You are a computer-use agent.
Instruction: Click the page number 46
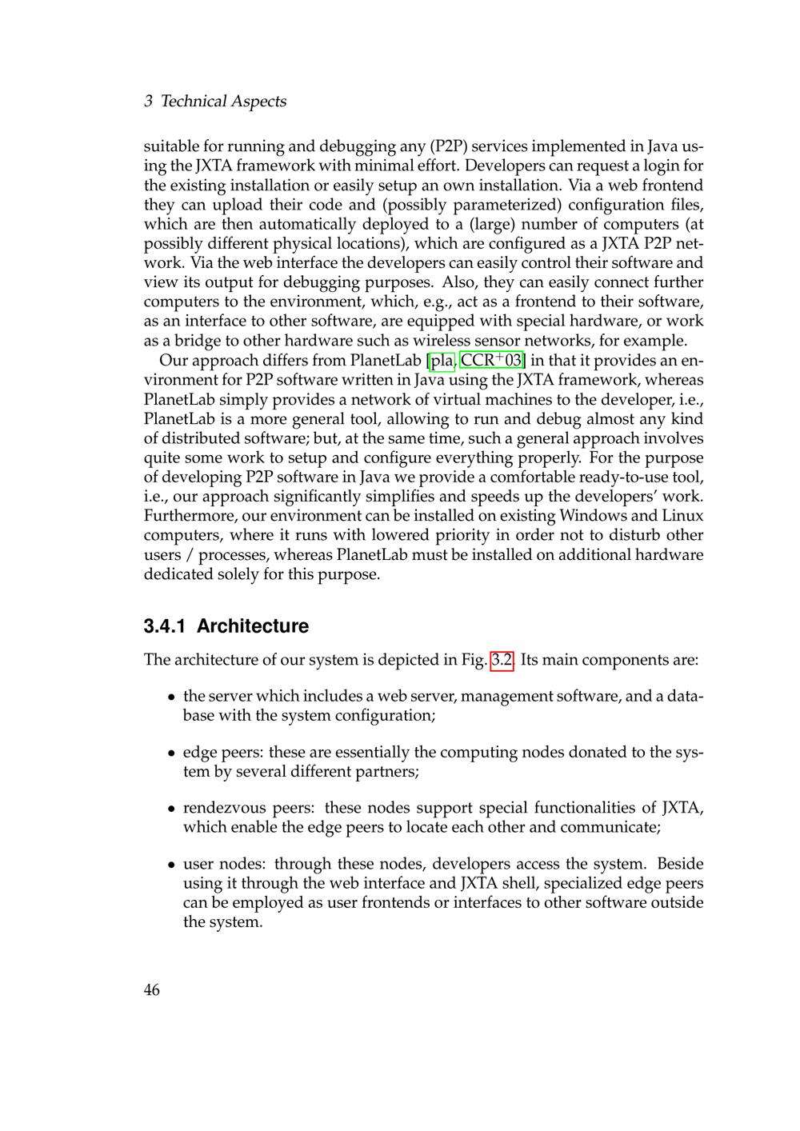coord(151,990)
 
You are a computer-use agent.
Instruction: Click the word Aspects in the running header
coord(258,102)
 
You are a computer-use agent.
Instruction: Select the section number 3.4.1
coord(165,626)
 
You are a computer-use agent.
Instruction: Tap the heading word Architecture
coord(252,626)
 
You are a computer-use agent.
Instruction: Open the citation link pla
coord(442,361)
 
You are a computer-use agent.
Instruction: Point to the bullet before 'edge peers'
coord(172,753)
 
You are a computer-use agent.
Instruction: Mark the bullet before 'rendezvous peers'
coord(172,809)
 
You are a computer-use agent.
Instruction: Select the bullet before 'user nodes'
coord(172,865)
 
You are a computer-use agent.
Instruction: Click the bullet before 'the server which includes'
coord(172,697)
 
